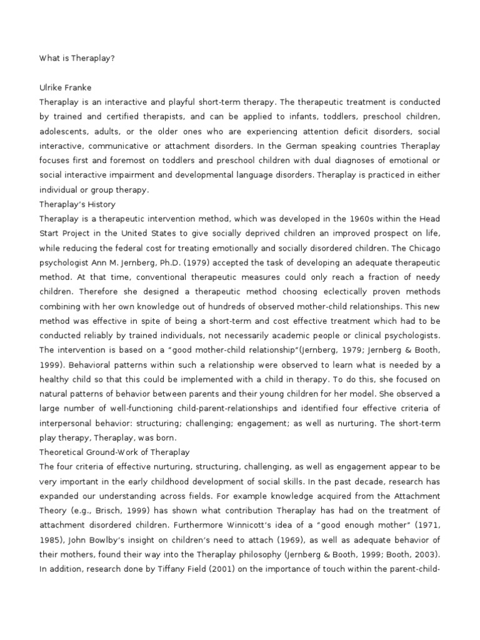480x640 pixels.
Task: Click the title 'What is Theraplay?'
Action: click(77, 58)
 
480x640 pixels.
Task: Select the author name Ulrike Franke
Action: click(66, 88)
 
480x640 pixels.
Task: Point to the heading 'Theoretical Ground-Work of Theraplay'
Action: click(114, 451)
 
